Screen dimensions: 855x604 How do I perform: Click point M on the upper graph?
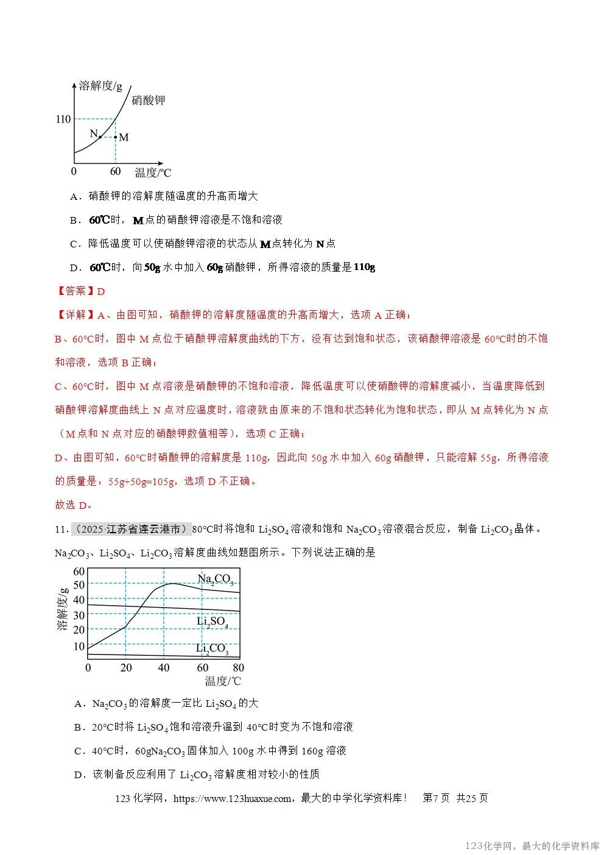tap(116, 137)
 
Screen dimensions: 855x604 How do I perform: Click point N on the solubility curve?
tap(100, 137)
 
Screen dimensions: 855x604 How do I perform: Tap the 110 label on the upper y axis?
tap(63, 119)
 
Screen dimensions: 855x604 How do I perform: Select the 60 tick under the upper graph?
tap(115, 172)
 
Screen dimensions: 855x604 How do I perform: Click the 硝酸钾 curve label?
tap(148, 100)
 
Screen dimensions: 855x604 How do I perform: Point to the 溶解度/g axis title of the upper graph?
tap(100, 86)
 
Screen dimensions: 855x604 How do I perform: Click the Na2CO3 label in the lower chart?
tap(215, 580)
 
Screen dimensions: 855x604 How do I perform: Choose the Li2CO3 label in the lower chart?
tap(212, 649)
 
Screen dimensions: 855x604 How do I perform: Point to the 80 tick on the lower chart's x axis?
tap(238, 668)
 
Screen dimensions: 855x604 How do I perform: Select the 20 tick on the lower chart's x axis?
tap(126, 668)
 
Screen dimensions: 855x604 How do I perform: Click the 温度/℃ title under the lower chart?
tap(223, 681)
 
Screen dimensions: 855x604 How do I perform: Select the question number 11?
tap(61, 529)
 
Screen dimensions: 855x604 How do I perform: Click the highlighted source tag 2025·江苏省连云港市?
tap(131, 529)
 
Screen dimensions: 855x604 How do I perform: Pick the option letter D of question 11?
tap(78, 775)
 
